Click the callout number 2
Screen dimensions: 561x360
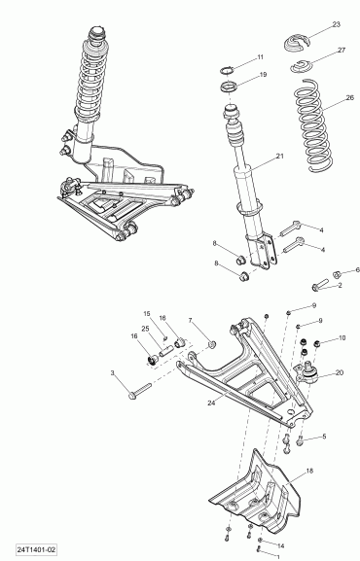tap(341, 286)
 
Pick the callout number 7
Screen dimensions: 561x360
tap(191, 322)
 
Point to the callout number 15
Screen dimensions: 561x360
tap(148, 314)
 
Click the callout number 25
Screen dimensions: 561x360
tap(145, 330)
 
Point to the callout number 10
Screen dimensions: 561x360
tap(341, 338)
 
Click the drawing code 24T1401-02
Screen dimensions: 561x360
tap(29, 550)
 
